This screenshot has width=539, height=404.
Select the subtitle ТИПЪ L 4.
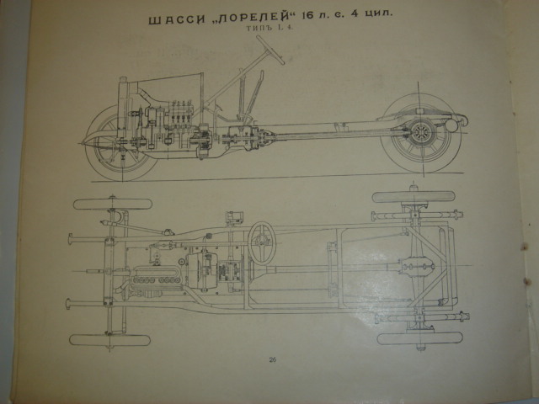tap(269, 29)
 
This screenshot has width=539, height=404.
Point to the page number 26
tap(273, 359)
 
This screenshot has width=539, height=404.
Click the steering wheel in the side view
tap(270, 50)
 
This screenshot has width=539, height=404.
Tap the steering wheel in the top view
tap(262, 243)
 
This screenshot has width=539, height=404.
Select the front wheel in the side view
tap(119, 142)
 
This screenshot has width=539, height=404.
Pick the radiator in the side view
tap(124, 108)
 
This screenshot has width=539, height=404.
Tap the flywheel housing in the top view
tap(202, 271)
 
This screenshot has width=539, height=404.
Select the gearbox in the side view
tap(243, 137)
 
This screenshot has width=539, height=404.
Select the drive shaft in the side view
tap(330, 135)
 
